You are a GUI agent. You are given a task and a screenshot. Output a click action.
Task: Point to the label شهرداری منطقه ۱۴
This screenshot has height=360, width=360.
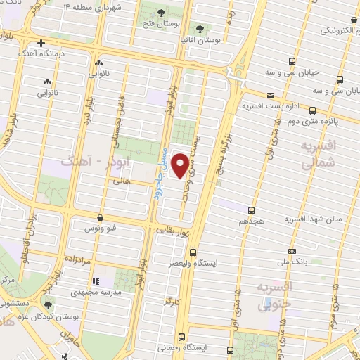click(94, 7)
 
